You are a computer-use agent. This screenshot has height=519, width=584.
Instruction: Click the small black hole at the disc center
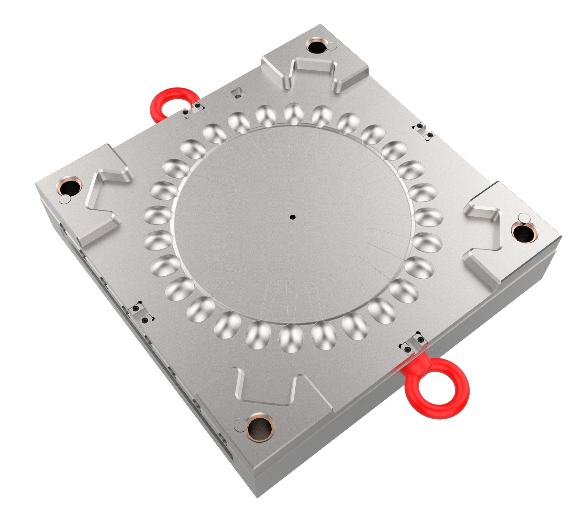pyautogui.click(x=293, y=217)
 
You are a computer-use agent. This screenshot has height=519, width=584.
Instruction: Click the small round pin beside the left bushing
pyautogui.click(x=64, y=199)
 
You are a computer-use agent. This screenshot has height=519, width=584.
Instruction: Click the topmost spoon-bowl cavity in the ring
pyautogui.click(x=294, y=113)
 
